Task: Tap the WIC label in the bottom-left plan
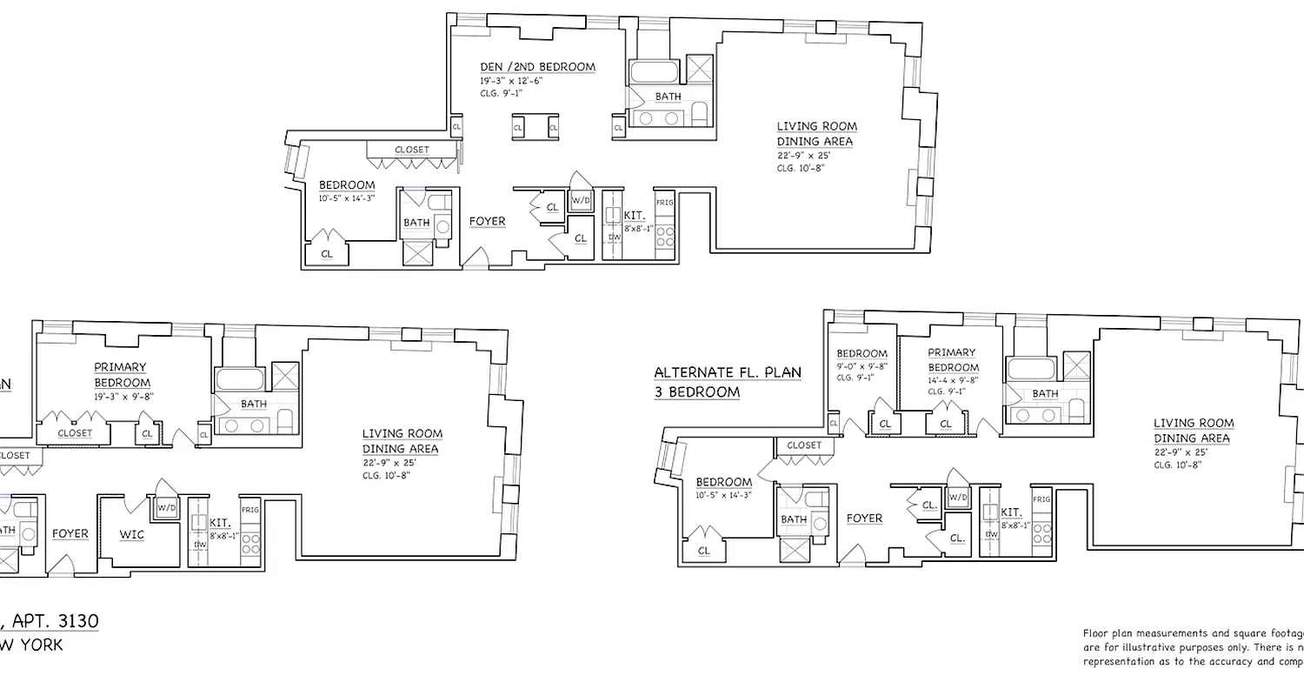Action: coord(132,534)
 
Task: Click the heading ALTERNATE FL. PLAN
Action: coord(728,372)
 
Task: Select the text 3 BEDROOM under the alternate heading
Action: coord(696,392)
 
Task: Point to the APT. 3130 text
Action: coord(52,621)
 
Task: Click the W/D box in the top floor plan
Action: coord(581,200)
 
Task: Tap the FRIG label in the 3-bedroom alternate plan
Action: coord(1041,499)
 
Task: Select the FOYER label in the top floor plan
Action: coord(487,221)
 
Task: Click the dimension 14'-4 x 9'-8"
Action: coord(953,379)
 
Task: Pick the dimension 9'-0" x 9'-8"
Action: coord(862,366)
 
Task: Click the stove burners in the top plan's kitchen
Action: coord(665,238)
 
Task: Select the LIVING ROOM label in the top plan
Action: coord(816,127)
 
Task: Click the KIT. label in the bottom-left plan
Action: coord(220,523)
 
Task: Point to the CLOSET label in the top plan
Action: coord(411,150)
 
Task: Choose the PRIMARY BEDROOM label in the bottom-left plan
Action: coord(121,375)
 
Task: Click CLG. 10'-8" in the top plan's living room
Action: coord(800,168)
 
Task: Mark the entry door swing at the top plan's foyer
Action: coord(475,258)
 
